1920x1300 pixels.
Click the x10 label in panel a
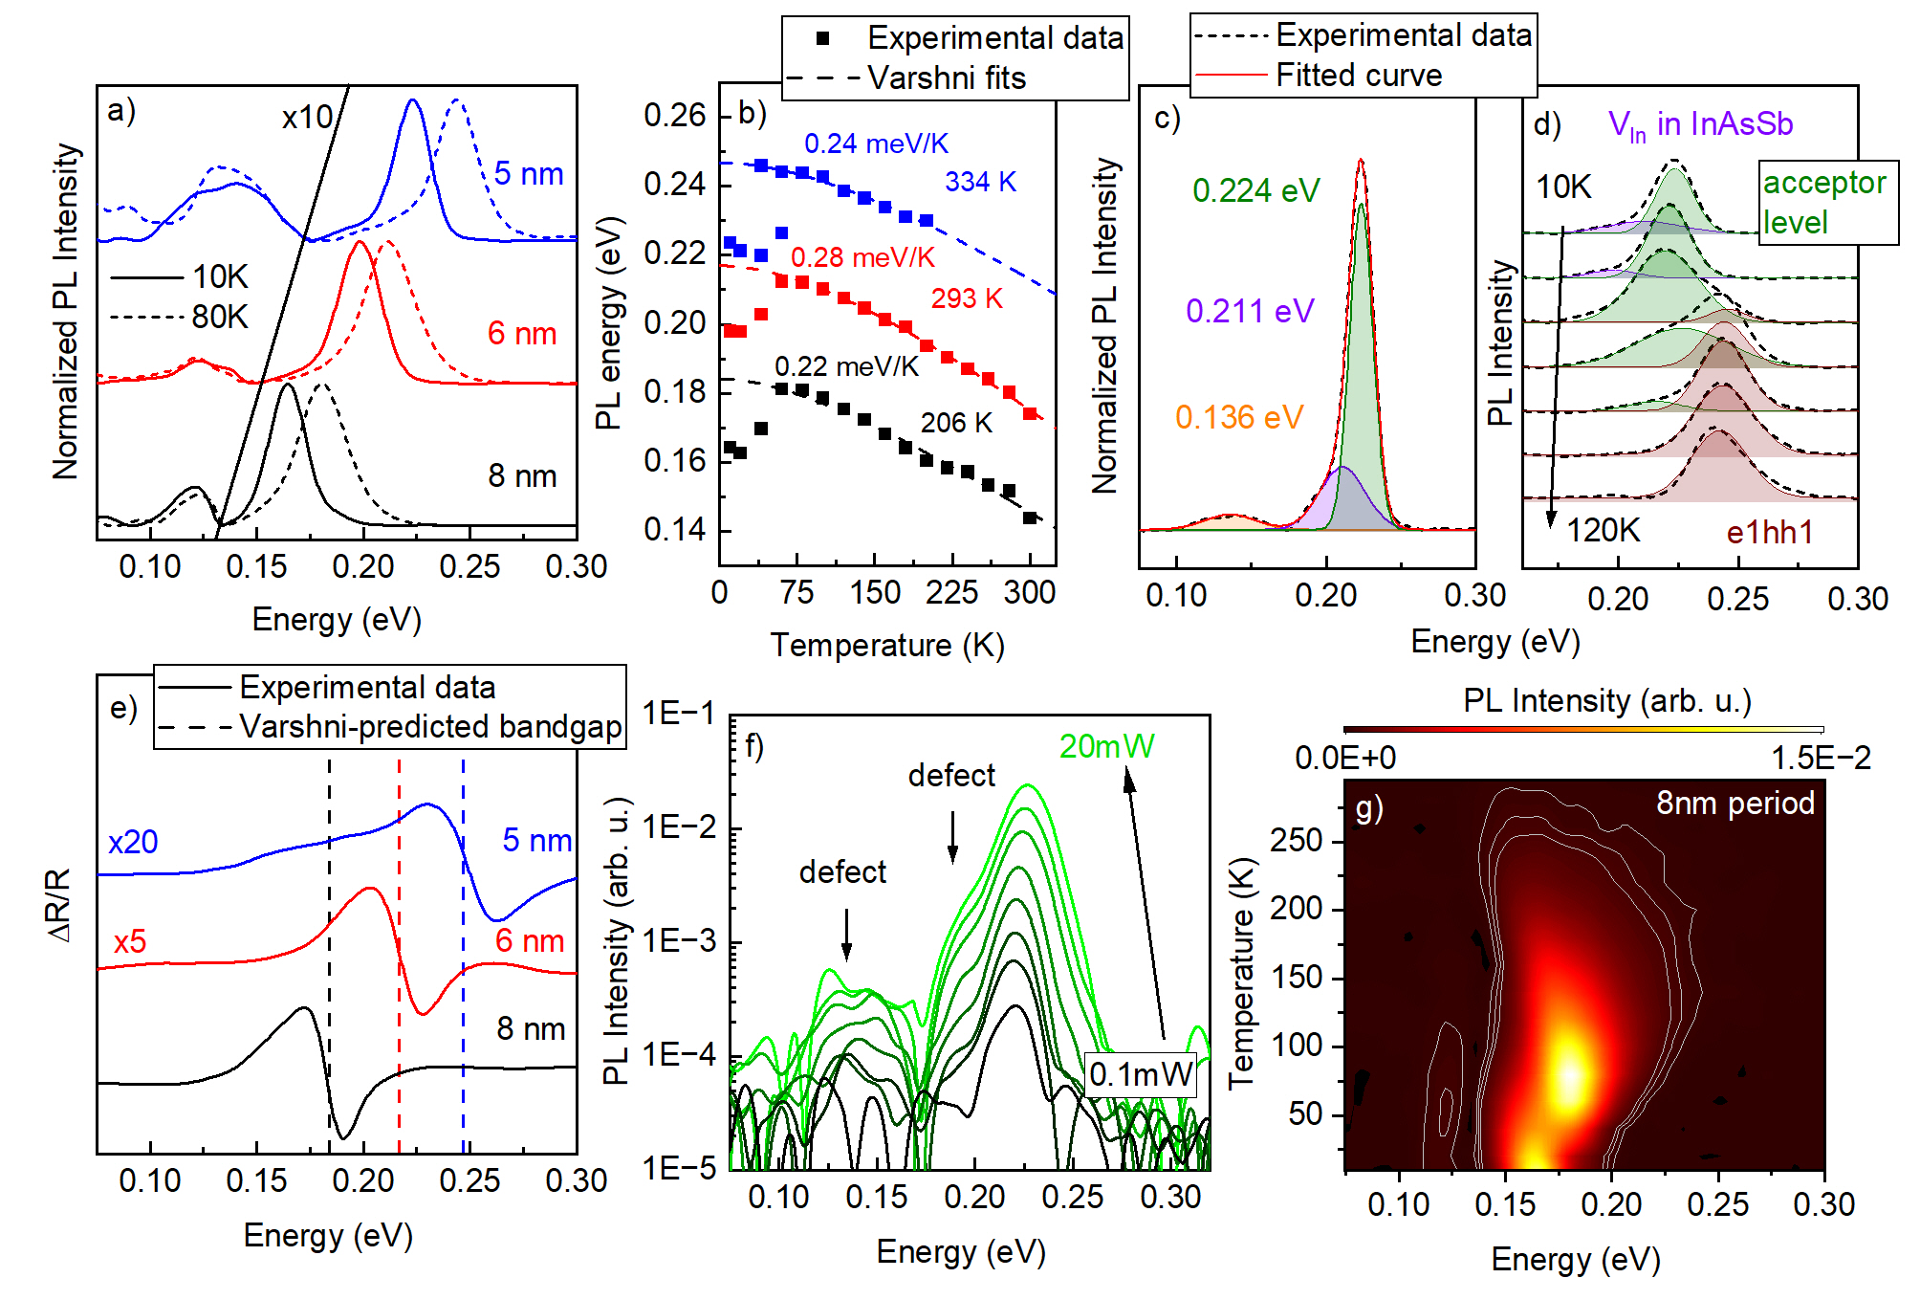[x=306, y=118]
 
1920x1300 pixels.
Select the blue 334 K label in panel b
[x=980, y=182]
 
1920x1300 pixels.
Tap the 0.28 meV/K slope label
[x=862, y=257]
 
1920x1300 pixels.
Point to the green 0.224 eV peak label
[x=1255, y=190]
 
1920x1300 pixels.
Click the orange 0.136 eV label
[x=1238, y=417]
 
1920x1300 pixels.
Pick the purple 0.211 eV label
[x=1250, y=311]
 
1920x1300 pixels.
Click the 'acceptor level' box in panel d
[x=1826, y=202]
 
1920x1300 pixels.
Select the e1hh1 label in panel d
[x=1769, y=533]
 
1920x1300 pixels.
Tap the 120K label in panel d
[x=1603, y=530]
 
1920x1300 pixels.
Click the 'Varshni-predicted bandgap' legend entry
[x=430, y=727]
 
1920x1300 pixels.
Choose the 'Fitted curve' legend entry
[x=1358, y=75]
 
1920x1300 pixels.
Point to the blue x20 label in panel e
[x=133, y=842]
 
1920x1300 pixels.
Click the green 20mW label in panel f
[x=1106, y=746]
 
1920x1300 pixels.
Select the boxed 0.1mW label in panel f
[x=1141, y=1073]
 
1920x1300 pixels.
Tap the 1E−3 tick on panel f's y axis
[x=680, y=941]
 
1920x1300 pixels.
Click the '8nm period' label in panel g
[x=1735, y=803]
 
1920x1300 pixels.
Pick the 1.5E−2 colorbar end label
[x=1821, y=758]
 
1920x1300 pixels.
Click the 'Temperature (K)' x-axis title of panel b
[x=886, y=646]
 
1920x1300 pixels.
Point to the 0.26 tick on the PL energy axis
[x=674, y=116]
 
